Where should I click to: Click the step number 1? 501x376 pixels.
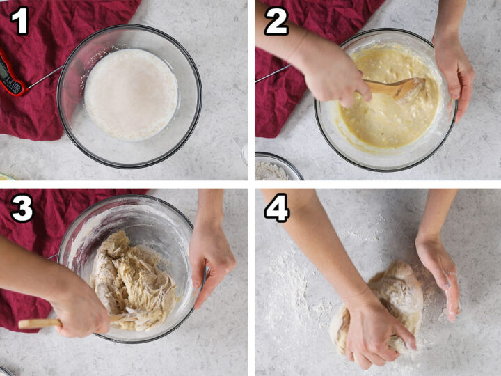(x=19, y=20)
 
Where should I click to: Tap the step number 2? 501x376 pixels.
(x=276, y=21)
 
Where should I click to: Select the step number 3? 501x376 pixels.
(x=22, y=207)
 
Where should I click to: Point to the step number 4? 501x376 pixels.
(x=277, y=207)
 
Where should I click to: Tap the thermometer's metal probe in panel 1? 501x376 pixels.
(x=45, y=77)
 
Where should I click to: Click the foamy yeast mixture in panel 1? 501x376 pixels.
(x=131, y=94)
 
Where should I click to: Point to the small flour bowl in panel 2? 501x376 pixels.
(x=278, y=167)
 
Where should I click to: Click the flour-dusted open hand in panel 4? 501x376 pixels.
(x=439, y=275)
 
